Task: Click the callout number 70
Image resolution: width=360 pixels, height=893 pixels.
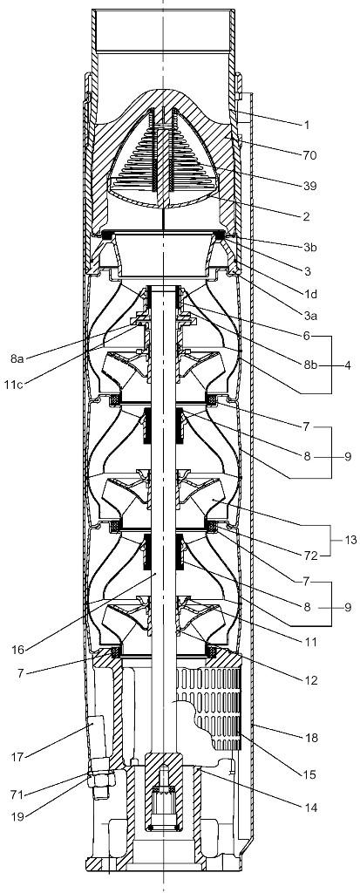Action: (x=309, y=154)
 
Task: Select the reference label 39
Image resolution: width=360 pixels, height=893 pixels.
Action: (x=309, y=187)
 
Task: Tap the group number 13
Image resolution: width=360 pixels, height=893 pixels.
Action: (x=350, y=540)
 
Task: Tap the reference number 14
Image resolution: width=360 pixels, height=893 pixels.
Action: (x=309, y=808)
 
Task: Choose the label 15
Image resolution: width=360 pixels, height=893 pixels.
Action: (x=309, y=774)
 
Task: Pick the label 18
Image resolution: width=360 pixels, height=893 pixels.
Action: (x=309, y=738)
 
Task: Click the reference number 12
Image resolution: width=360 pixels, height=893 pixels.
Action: (x=309, y=679)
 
